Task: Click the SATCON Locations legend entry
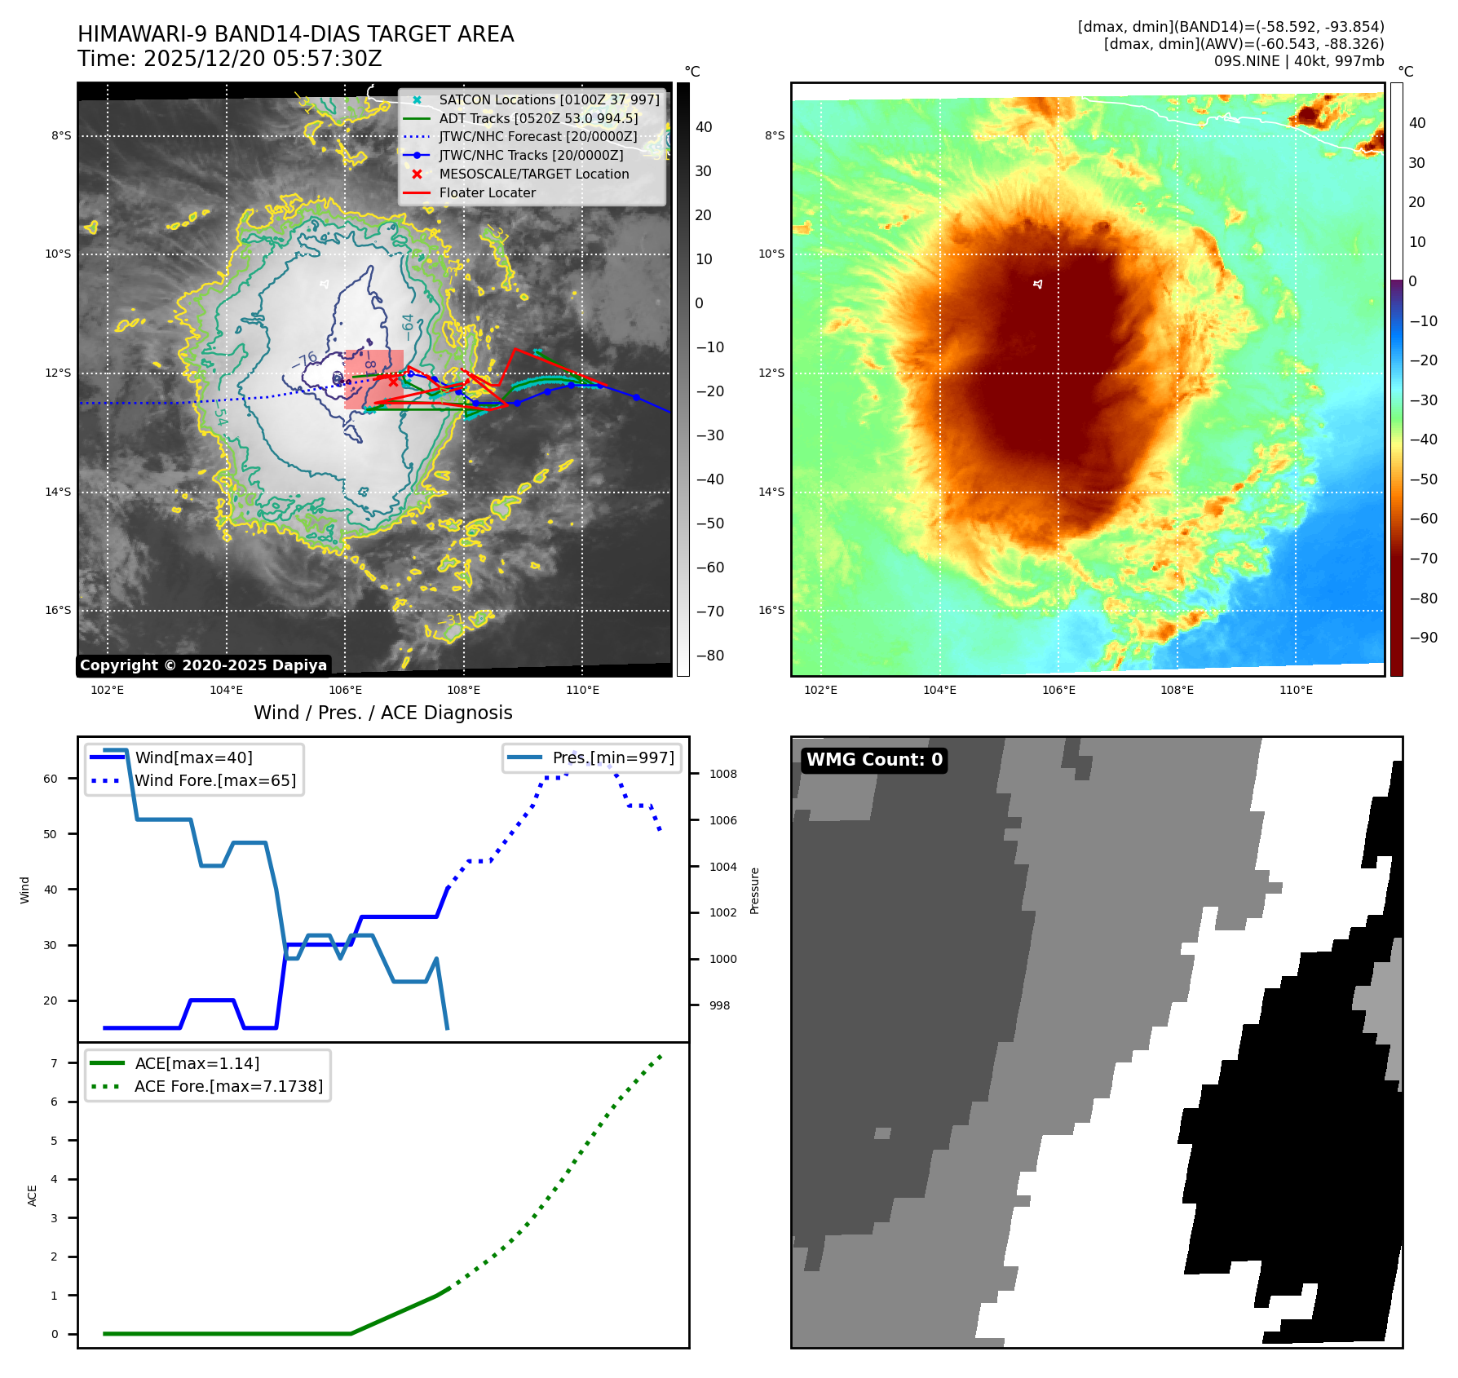pyautogui.click(x=549, y=100)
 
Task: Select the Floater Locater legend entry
pyautogui.click(x=487, y=193)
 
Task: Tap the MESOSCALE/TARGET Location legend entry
pyautogui.click(x=533, y=174)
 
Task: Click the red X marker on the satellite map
pyautogui.click(x=393, y=381)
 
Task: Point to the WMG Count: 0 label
pyautogui.click(x=874, y=760)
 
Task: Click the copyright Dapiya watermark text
pyautogui.click(x=203, y=665)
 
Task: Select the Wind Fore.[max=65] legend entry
pyautogui.click(x=214, y=781)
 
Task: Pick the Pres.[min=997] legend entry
pyautogui.click(x=612, y=758)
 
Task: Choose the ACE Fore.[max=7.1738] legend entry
pyautogui.click(x=228, y=1087)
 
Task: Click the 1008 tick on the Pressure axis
pyautogui.click(x=722, y=775)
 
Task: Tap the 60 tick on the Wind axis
pyautogui.click(x=51, y=779)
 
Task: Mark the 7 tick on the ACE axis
pyautogui.click(x=55, y=1063)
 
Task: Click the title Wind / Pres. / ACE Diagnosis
pyautogui.click(x=383, y=713)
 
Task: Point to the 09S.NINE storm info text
pyautogui.click(x=1298, y=61)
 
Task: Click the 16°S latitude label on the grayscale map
pyautogui.click(x=58, y=611)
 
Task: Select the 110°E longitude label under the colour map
pyautogui.click(x=1296, y=691)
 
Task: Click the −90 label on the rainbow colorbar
pyautogui.click(x=1423, y=638)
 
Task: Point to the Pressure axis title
pyautogui.click(x=754, y=890)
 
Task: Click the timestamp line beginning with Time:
pyautogui.click(x=230, y=60)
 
